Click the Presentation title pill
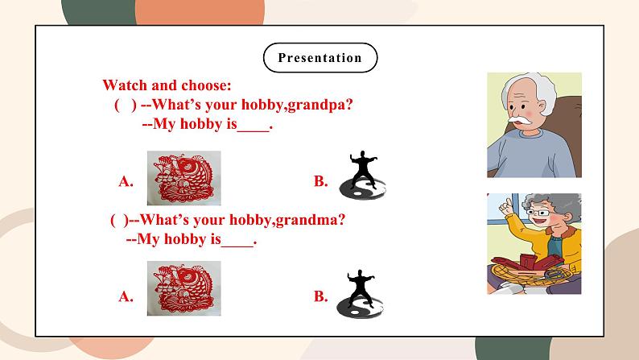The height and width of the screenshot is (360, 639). (x=319, y=57)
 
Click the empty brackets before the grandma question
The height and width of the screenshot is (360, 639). (x=117, y=219)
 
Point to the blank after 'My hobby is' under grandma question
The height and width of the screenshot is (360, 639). (x=237, y=240)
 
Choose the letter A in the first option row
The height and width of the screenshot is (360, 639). (x=126, y=182)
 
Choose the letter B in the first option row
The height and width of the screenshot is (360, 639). (x=320, y=182)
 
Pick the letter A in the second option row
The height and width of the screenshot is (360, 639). (x=126, y=297)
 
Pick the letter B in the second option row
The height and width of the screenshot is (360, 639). (x=320, y=297)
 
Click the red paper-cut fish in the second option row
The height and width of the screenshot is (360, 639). (x=183, y=292)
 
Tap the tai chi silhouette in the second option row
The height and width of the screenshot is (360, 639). (x=361, y=292)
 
